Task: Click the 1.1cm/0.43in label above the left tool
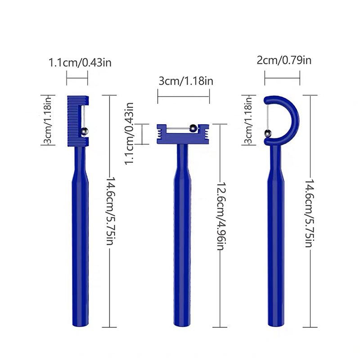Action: point(80,63)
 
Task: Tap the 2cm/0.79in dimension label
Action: point(284,60)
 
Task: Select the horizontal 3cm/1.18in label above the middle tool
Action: point(186,81)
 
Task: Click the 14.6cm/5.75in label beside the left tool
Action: point(110,211)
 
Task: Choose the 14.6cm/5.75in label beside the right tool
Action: point(309,213)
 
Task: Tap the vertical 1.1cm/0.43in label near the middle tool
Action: point(129,134)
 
